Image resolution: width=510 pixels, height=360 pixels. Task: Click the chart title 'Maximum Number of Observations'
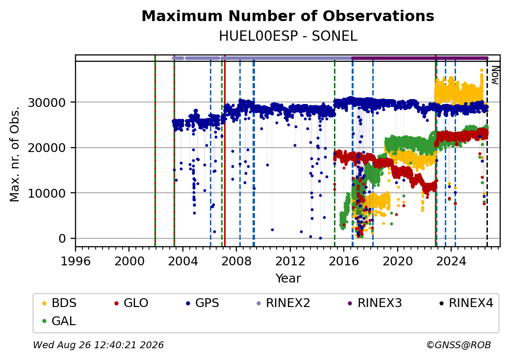(x=288, y=16)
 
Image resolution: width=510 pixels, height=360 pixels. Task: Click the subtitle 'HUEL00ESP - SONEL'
(x=288, y=36)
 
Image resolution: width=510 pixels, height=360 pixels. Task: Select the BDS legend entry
(x=59, y=303)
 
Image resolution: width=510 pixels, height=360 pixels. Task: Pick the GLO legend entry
(x=131, y=303)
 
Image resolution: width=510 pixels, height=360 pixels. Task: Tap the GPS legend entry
(x=203, y=303)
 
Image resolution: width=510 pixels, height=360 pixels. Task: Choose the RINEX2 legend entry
(x=283, y=303)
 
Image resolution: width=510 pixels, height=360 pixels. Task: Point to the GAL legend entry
(x=59, y=321)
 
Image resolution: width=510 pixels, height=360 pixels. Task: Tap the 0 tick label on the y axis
(x=62, y=239)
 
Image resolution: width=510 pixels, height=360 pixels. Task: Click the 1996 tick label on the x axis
(x=76, y=261)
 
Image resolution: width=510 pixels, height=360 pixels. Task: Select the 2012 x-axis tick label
(x=290, y=261)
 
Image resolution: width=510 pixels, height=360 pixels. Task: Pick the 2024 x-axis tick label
(x=451, y=261)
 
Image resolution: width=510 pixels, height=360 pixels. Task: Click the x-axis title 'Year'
(x=288, y=279)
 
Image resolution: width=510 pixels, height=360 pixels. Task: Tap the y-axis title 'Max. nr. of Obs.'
(x=15, y=154)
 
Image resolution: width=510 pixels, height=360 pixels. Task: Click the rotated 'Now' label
(x=495, y=75)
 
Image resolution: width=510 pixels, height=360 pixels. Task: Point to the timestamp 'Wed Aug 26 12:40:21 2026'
(x=99, y=345)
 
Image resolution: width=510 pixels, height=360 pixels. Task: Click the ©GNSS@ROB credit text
(x=459, y=345)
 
